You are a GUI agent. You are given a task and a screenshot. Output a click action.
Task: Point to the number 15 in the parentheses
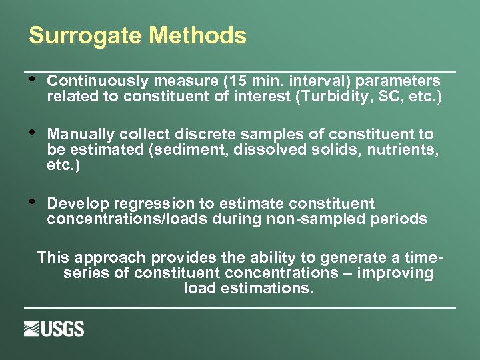pos(239,81)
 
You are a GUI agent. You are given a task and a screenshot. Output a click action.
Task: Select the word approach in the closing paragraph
pos(111,258)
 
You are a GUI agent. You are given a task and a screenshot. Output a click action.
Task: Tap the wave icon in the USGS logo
pos(32,329)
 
